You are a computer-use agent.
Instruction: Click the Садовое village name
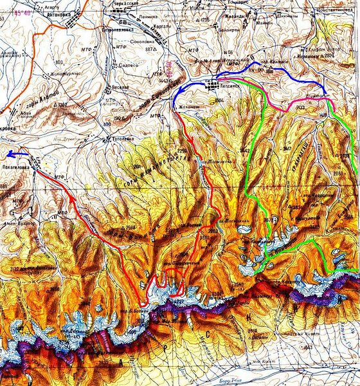pyautogui.click(x=129, y=65)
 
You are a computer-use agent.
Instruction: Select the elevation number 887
pyautogui.click(x=151, y=49)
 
